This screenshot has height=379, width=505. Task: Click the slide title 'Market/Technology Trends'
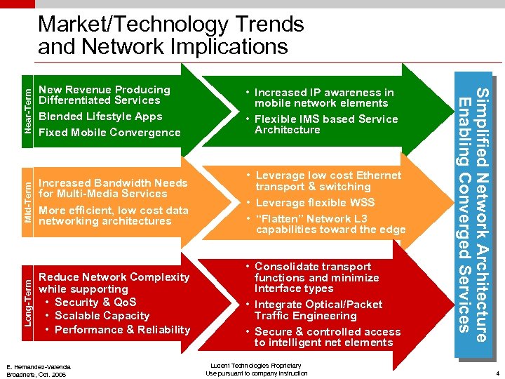pyautogui.click(x=170, y=25)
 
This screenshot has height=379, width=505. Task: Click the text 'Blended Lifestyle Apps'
pyautogui.click(x=100, y=117)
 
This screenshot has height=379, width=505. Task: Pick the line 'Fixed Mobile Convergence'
pyautogui.click(x=109, y=133)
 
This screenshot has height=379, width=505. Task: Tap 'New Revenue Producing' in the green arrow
pyautogui.click(x=105, y=90)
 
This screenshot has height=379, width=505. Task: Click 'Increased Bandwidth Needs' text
pyautogui.click(x=113, y=183)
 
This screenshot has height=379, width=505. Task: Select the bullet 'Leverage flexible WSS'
pyautogui.click(x=315, y=203)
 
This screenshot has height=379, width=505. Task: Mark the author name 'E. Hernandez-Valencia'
pyautogui.click(x=39, y=367)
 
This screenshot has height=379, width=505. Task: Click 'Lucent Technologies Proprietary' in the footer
pyautogui.click(x=256, y=366)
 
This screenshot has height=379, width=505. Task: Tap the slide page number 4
pyautogui.click(x=496, y=373)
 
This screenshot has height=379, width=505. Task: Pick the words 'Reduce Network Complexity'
pyautogui.click(x=114, y=277)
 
